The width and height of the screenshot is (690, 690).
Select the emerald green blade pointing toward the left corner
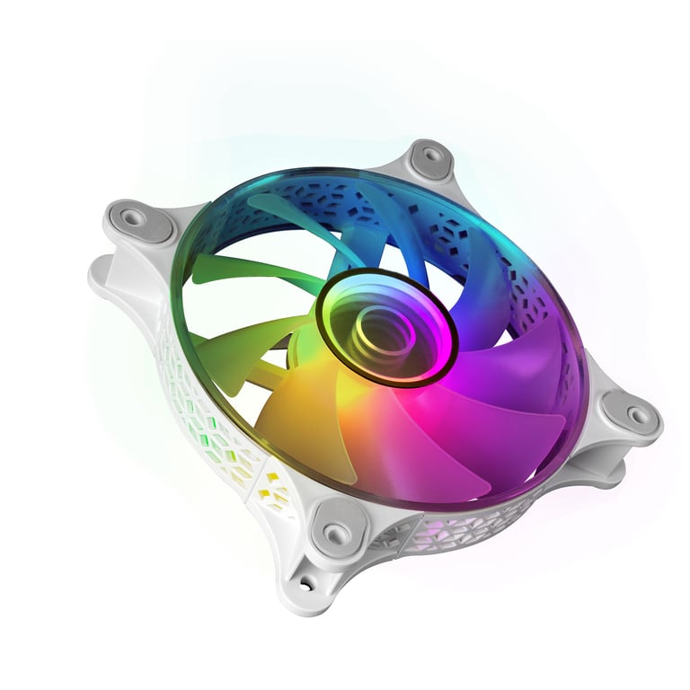(x=238, y=270)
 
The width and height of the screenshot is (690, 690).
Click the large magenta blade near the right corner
(x=512, y=359)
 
